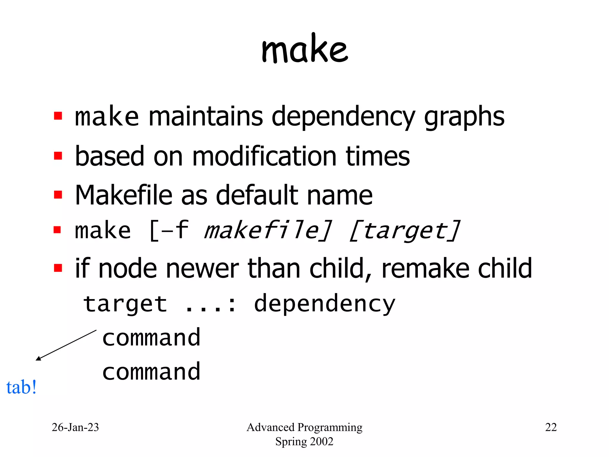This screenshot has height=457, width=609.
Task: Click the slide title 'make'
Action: coord(304,49)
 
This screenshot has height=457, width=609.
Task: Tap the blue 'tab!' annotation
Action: coord(21,387)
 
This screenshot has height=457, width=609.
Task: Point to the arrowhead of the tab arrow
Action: coord(38,359)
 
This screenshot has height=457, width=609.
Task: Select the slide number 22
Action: coord(551,427)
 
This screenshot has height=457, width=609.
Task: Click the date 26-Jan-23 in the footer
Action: coord(75,427)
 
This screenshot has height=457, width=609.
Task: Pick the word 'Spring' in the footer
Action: coord(287,442)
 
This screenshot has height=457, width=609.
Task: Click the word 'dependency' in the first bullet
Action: coord(343,117)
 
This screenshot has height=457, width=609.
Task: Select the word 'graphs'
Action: coord(464,117)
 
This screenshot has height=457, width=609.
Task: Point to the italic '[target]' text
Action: coord(404,231)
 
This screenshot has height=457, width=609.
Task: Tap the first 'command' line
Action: coord(151,338)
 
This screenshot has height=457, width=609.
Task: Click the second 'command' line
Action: coord(151,372)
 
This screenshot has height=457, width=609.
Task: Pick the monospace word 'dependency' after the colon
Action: coord(324,304)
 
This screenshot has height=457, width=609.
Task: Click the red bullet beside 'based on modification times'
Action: coord(58,156)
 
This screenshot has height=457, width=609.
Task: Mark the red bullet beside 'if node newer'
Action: coord(58,268)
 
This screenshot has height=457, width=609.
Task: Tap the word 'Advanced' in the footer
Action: coord(271,427)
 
